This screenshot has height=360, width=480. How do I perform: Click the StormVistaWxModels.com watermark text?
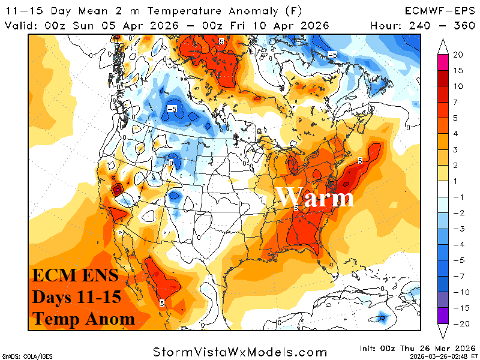pyautogui.click(x=240, y=351)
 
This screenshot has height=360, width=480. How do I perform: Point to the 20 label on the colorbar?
pyautogui.click(x=458, y=55)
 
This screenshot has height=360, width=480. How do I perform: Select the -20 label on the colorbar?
pyautogui.click(x=458, y=324)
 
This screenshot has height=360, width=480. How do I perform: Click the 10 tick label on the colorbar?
pyautogui.click(x=458, y=86)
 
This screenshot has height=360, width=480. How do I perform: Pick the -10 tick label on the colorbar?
pyautogui.click(x=458, y=292)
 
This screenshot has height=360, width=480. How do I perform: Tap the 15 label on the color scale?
pyautogui.click(x=458, y=71)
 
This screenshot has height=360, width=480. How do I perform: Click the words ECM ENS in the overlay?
pyautogui.click(x=75, y=277)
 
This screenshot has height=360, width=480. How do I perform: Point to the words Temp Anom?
pyautogui.click(x=83, y=319)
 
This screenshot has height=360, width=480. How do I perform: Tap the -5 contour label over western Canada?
pyautogui.click(x=172, y=109)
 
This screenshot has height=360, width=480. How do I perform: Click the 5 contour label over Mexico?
pyautogui.click(x=162, y=303)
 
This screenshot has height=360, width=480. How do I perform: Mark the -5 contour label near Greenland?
pyautogui.click(x=332, y=55)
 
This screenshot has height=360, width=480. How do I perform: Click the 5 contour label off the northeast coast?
pyautogui.click(x=360, y=160)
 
